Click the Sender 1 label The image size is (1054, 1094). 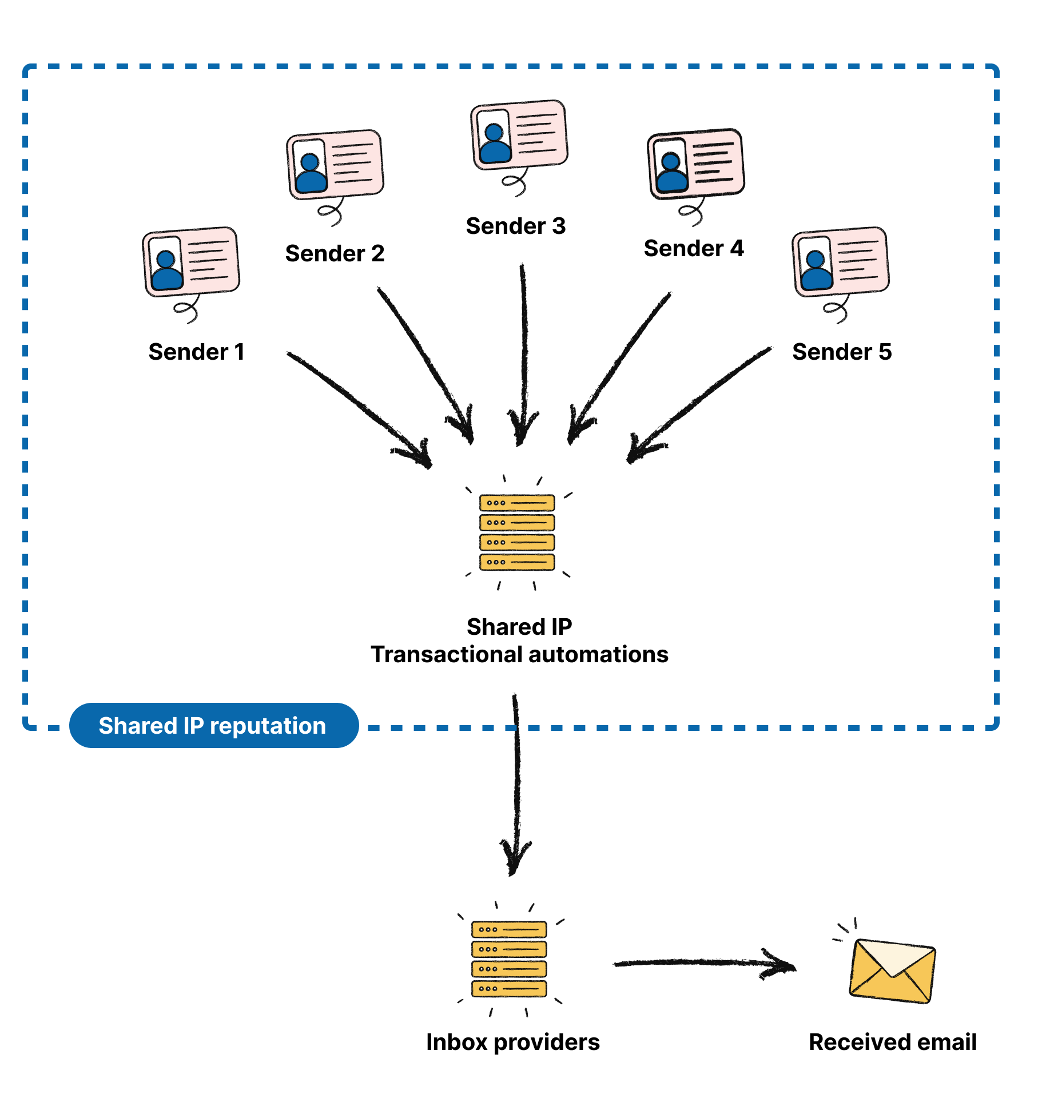(x=196, y=352)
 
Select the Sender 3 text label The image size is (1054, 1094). (x=515, y=226)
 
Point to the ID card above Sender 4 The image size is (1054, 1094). (x=695, y=164)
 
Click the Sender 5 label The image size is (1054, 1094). (x=841, y=352)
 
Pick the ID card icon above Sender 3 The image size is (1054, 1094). (x=519, y=135)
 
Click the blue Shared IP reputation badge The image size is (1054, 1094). (x=214, y=725)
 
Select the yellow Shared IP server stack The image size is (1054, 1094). (x=517, y=532)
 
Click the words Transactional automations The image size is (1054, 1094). (x=519, y=654)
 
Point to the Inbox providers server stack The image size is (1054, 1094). (x=509, y=959)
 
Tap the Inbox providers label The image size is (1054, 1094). (x=512, y=1042)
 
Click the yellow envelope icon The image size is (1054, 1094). (x=892, y=970)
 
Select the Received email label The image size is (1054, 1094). (x=892, y=1042)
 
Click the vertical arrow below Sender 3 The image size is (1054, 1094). (x=523, y=355)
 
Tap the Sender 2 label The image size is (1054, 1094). (x=335, y=253)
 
